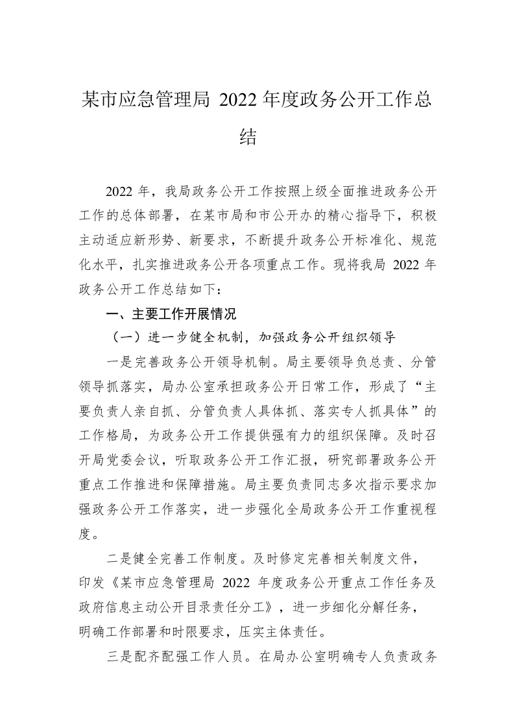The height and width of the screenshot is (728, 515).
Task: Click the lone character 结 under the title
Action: click(248, 137)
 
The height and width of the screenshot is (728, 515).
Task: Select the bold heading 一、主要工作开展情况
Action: click(171, 314)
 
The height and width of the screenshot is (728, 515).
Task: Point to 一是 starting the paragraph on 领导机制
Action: click(119, 361)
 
